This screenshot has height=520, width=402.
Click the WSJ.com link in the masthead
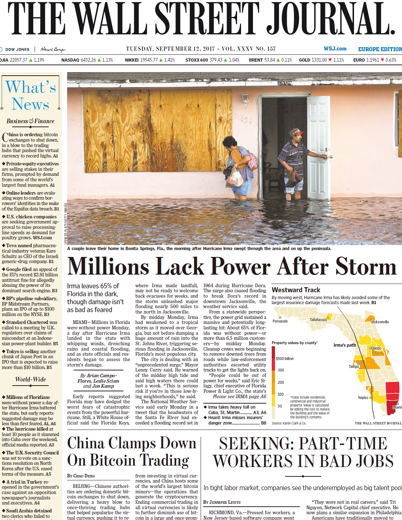[x=335, y=49]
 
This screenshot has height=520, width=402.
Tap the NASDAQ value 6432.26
[x=88, y=60]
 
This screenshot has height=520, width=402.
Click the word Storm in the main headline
[x=366, y=267]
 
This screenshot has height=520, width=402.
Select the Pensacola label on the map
[x=280, y=321]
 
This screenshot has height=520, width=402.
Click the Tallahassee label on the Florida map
[x=318, y=320]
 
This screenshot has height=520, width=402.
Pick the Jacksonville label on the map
[x=380, y=322]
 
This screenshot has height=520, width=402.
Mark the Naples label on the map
[x=363, y=397]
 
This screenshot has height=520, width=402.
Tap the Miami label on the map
[x=397, y=407]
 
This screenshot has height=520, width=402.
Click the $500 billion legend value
[x=285, y=359]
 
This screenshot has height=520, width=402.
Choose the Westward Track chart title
[x=296, y=290]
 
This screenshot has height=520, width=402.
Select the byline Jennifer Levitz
[x=224, y=502]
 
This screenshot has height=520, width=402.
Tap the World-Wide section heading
[x=31, y=379]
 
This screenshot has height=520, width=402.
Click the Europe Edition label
[x=380, y=49]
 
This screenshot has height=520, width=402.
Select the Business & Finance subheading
[x=30, y=121]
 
